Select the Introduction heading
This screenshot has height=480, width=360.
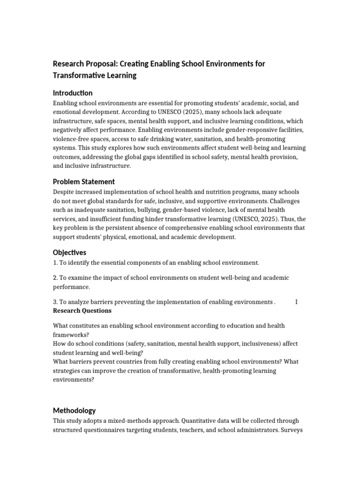pos(73,93)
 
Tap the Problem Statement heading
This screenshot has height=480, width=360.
pos(84,181)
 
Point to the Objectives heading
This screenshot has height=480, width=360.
pos(69,252)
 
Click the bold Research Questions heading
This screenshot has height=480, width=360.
pos(82,311)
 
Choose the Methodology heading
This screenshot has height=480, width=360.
pos(74,410)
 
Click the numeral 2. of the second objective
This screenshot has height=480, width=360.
pos(55,278)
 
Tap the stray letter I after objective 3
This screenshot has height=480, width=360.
pos(296,302)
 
